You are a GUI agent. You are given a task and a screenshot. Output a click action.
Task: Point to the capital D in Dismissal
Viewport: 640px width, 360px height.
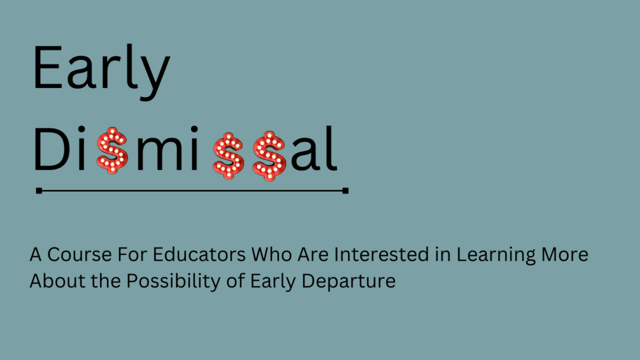50,150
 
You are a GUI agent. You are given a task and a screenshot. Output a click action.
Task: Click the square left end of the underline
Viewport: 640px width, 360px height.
39,190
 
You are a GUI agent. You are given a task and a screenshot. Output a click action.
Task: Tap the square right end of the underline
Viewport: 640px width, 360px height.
345,190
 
